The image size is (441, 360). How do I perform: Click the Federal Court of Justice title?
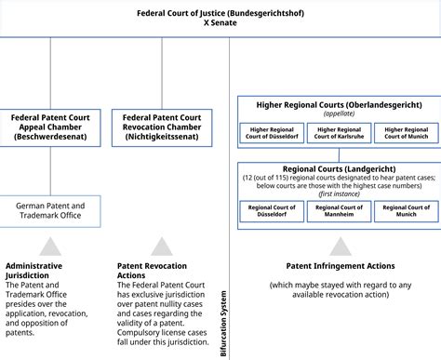220,13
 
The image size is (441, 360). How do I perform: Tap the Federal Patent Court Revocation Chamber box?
161,127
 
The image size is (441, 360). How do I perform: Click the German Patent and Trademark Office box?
52,210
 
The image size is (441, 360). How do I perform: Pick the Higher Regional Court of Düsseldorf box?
272,133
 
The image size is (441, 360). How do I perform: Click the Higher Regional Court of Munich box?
406,133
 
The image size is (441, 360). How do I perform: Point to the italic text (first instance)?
339,193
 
